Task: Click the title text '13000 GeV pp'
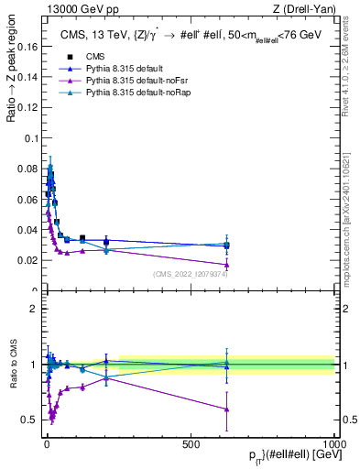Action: (64, 9)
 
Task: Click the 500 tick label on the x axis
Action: (190, 443)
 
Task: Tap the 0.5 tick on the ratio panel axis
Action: (27, 420)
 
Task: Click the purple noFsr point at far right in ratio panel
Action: (226, 409)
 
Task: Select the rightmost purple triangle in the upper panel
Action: (226, 265)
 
